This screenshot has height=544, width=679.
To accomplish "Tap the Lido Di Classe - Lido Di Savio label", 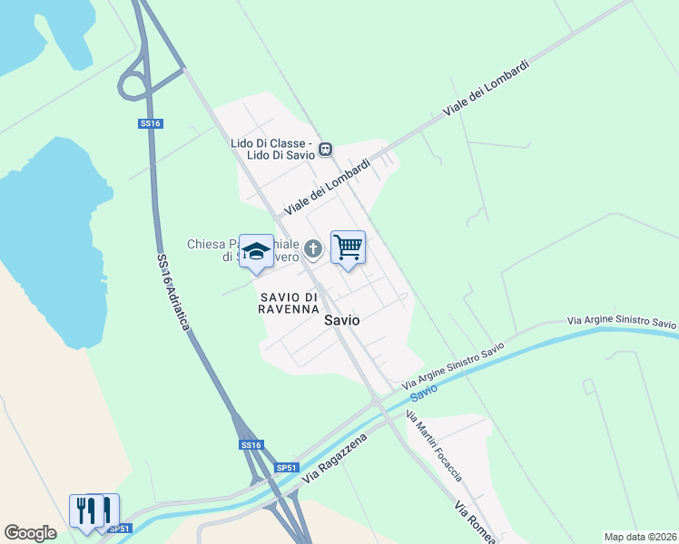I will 271,149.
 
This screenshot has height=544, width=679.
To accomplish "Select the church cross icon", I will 313,248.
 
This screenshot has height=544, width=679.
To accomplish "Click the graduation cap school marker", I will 256,251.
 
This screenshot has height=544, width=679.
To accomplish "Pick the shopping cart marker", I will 348,248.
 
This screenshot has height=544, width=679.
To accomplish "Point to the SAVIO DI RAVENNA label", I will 288,303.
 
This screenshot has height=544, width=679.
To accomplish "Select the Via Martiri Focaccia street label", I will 434,446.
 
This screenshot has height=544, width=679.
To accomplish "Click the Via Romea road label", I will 474,520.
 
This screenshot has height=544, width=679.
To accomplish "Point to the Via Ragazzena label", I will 337,458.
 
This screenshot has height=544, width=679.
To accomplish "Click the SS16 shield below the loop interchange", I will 151,122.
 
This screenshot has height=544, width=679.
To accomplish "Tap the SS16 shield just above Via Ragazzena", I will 251,445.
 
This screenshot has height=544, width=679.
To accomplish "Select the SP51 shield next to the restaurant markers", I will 119,529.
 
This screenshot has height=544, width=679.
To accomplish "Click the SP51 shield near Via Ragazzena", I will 286,468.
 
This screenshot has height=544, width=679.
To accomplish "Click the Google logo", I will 31,533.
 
